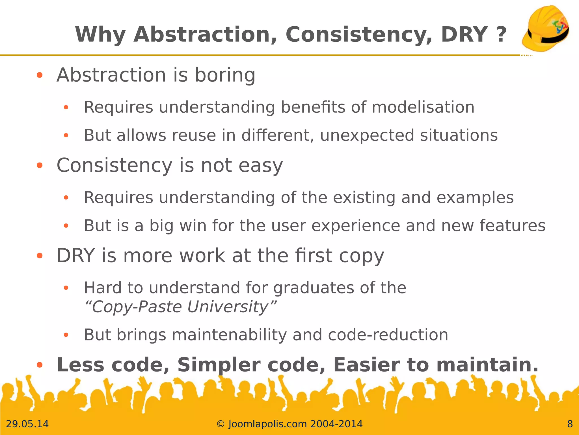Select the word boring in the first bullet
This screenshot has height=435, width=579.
coord(225,75)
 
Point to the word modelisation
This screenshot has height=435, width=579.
coord(423,107)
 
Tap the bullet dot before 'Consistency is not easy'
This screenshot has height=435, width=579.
coord(40,165)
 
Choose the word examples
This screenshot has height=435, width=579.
coord(475,197)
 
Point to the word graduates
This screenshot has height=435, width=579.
coord(313,288)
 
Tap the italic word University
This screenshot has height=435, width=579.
coord(228,307)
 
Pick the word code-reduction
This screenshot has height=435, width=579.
coord(388,335)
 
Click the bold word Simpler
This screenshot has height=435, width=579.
coord(219,365)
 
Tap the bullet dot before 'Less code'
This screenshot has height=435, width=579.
coord(40,365)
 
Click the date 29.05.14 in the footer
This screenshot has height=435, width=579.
coord(27,424)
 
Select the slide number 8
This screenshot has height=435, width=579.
coord(570,424)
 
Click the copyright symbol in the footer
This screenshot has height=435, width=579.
coord(220,424)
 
